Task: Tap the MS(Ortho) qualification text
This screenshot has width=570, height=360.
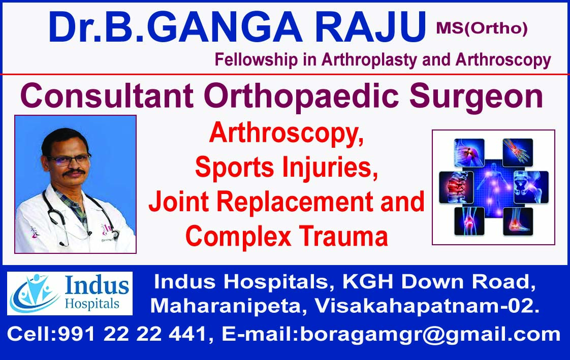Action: tap(481, 29)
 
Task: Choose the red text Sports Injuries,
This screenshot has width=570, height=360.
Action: tap(287, 168)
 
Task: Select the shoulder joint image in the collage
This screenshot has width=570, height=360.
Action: tap(469, 153)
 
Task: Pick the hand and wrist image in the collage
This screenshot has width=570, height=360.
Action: tap(517, 152)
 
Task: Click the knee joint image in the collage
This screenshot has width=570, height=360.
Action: tap(469, 221)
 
